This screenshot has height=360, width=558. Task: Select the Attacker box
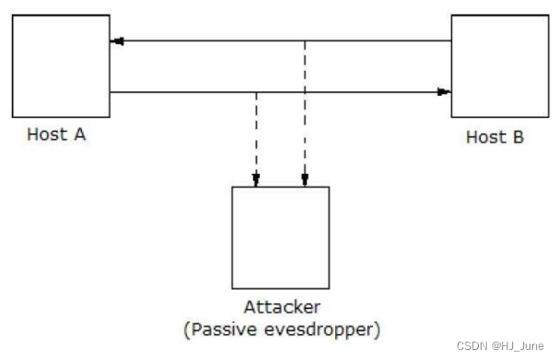(x=280, y=237)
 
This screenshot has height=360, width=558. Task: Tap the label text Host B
(x=494, y=137)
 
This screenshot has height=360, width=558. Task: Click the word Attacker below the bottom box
(x=281, y=307)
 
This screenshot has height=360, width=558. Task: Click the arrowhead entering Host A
(x=116, y=41)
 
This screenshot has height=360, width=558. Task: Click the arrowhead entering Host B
(x=444, y=92)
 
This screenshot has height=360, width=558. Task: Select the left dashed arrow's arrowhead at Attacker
(x=257, y=180)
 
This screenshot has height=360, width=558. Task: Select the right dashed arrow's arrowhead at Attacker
(x=305, y=180)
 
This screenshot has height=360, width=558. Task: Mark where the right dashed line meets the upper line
(x=305, y=41)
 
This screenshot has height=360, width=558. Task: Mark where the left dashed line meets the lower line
(x=257, y=92)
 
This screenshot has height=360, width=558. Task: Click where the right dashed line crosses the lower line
(x=305, y=92)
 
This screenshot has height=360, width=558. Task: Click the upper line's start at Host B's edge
(x=450, y=41)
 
